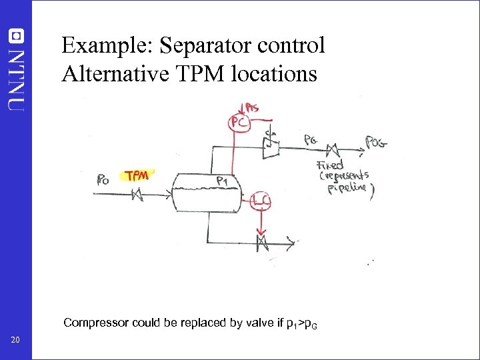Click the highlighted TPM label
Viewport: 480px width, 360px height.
(137, 175)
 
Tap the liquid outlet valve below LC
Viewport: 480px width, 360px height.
(262, 242)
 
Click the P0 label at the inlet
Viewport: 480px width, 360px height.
(103, 179)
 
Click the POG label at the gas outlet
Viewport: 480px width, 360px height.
(376, 141)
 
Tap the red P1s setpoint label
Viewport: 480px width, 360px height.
(252, 107)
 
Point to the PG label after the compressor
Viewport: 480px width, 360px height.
(310, 140)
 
